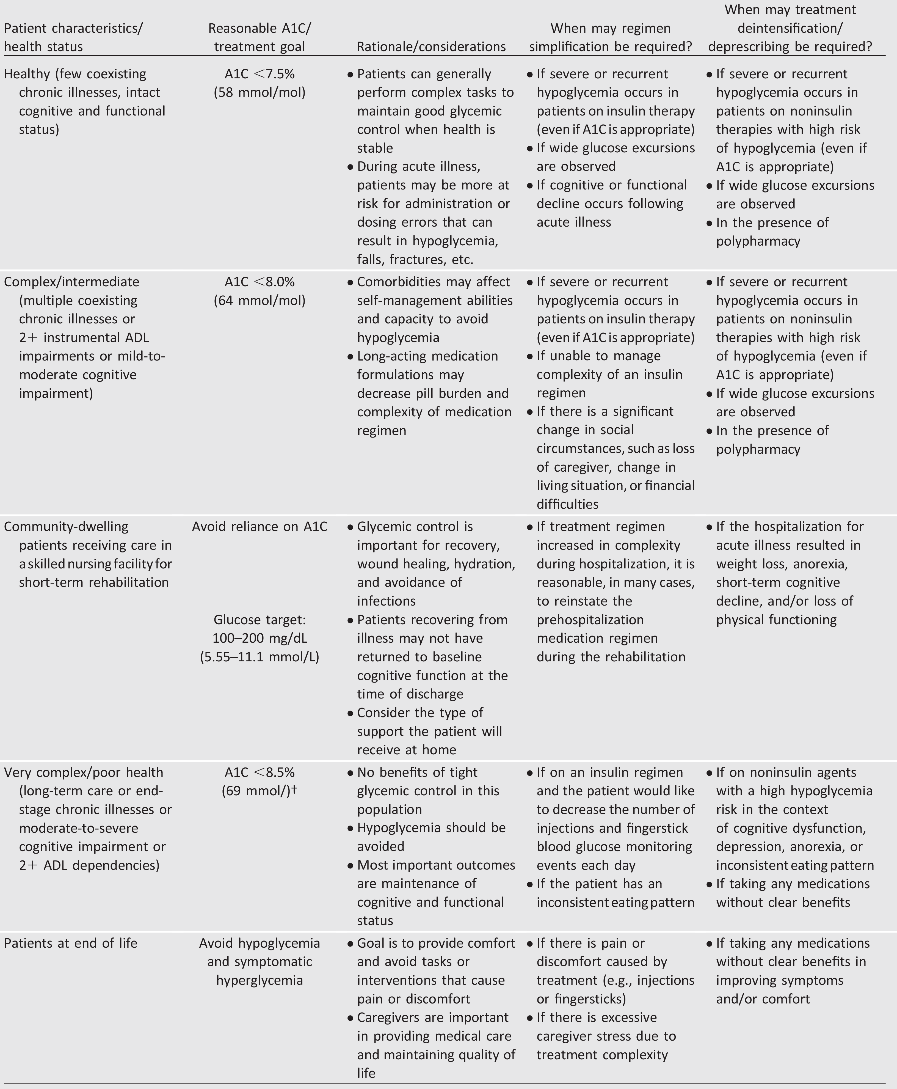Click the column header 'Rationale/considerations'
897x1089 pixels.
[431, 46]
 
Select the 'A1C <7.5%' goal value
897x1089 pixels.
[260, 74]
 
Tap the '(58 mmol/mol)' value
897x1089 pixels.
[260, 92]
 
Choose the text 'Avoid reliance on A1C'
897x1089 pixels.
[260, 527]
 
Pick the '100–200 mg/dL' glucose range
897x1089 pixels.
[260, 638]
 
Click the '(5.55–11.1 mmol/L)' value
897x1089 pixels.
[260, 657]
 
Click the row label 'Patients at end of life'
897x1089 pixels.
[71, 943]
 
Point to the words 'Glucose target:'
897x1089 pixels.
[260, 620]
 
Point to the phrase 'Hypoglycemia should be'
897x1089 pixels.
[431, 828]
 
